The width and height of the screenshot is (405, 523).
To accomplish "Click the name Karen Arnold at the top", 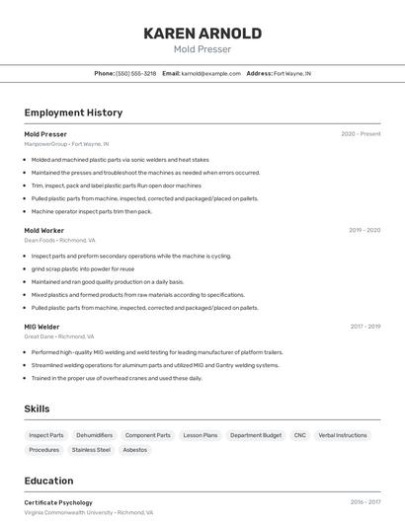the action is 202,34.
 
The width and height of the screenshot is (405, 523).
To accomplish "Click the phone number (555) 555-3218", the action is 136,74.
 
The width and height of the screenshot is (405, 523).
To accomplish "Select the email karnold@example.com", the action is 211,74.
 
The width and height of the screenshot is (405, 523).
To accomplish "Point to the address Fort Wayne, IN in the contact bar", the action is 292,74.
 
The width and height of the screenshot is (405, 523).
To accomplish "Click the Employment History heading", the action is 73,112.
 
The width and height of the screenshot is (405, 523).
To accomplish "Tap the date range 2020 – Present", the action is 361,134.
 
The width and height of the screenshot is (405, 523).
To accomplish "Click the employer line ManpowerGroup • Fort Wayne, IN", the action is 66,144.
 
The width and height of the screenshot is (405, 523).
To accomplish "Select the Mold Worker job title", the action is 44,230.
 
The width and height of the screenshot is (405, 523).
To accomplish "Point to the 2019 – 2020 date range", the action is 364,230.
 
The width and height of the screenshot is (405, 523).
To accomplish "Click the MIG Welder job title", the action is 41,327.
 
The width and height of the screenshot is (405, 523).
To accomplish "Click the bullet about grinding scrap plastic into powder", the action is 82,268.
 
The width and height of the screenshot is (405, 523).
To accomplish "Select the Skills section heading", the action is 38,409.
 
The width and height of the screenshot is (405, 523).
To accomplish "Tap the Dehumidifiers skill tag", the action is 95,435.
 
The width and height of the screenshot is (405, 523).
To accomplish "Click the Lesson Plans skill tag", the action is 201,435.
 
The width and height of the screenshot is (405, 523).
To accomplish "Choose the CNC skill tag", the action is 300,435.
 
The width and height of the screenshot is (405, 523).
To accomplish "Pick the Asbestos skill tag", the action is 135,450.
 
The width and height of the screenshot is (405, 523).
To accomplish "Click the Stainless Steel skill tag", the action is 91,450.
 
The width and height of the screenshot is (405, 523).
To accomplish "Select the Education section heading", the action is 49,481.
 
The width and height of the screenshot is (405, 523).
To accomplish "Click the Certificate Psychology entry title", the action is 58,502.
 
